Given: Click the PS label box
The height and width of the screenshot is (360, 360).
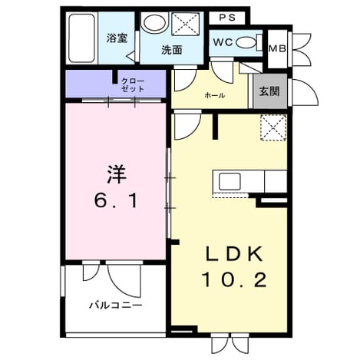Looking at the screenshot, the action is click(227, 18).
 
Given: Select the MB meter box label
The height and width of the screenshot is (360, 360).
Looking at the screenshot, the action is click(277, 48).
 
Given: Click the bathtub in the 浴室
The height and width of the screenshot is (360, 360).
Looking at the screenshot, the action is click(81, 38).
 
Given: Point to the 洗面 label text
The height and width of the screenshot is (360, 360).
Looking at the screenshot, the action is click(172, 50).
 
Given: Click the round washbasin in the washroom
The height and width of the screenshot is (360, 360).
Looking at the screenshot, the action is click(154, 23).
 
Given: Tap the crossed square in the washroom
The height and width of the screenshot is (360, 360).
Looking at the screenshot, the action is click(185, 25).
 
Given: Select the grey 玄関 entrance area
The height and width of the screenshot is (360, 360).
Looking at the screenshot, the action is click(269, 91).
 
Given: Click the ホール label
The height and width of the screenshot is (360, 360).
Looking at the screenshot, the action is click(215, 96).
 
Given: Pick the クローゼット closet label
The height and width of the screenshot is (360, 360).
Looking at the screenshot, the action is click(133, 85).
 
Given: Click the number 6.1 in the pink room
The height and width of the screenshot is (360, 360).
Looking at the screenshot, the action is click(116, 200).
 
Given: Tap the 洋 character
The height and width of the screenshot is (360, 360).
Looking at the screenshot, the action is click(117, 174).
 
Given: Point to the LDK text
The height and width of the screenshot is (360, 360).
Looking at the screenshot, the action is click(234, 254).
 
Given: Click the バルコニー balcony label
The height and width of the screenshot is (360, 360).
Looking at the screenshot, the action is click(115, 305).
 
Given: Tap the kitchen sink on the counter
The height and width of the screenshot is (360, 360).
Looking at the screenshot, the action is click(230, 181).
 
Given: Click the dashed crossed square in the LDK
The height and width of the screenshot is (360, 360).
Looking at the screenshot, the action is click(273, 127).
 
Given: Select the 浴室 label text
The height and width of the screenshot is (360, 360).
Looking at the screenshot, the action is click(117, 38).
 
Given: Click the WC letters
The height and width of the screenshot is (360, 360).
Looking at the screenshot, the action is click(223, 42).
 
